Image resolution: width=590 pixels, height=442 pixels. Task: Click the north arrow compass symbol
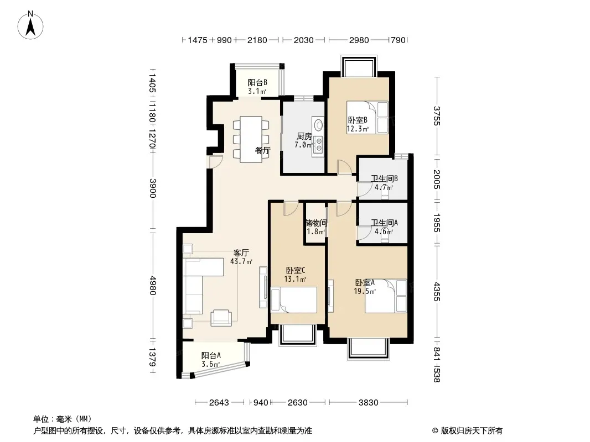(x=30, y=25)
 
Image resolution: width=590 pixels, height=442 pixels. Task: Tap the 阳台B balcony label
(x=257, y=82)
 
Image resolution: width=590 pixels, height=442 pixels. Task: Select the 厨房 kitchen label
(x=304, y=136)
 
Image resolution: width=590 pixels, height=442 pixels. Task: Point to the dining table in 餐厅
(x=251, y=139)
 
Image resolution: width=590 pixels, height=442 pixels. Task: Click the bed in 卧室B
(x=368, y=117)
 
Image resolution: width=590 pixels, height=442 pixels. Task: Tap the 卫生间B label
(x=384, y=179)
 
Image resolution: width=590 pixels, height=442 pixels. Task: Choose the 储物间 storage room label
(x=316, y=223)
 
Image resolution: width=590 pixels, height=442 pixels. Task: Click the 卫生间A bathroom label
(x=384, y=223)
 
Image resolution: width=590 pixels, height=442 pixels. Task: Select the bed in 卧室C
(x=294, y=299)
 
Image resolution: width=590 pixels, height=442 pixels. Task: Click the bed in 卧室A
(x=386, y=296)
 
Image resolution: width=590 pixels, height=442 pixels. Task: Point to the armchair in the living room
(x=221, y=317)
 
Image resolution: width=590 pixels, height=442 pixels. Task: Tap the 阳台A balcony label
(x=211, y=355)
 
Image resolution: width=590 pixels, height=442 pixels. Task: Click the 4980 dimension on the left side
(x=152, y=286)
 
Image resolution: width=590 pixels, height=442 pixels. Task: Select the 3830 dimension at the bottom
(x=368, y=403)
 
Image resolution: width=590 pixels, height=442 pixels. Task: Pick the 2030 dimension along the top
(x=304, y=40)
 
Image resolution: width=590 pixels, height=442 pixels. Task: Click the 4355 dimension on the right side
(x=437, y=291)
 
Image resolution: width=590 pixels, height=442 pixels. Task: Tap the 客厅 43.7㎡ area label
(x=241, y=257)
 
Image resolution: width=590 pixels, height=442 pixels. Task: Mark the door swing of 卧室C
(x=291, y=209)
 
